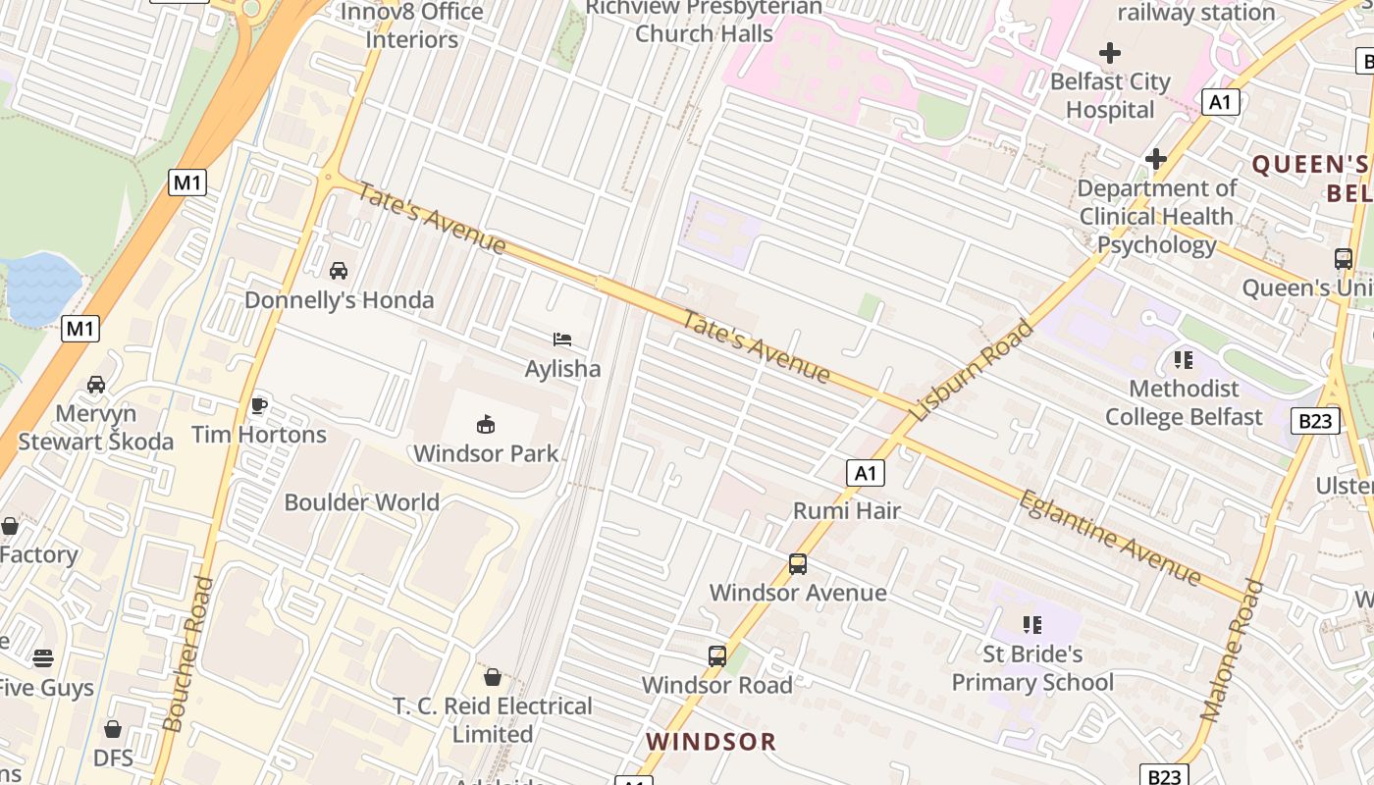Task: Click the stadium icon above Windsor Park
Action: (486, 424)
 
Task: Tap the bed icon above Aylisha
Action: (562, 340)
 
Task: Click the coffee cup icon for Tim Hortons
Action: (259, 405)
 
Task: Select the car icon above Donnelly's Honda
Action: (339, 270)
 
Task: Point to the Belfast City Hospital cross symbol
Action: (1110, 53)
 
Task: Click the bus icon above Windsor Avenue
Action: (798, 564)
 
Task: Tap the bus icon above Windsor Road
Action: (717, 656)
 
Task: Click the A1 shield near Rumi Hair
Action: (865, 474)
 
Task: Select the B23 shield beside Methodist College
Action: (1314, 422)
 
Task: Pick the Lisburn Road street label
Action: (972, 370)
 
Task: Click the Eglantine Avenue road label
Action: (1110, 538)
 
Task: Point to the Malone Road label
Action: (1232, 651)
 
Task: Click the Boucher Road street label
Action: (187, 654)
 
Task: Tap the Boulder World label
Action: (361, 502)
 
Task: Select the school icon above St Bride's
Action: (1031, 624)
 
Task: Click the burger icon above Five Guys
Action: (42, 657)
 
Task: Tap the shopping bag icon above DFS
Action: (113, 729)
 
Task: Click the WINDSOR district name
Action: (712, 742)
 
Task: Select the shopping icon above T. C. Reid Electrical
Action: (493, 677)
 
